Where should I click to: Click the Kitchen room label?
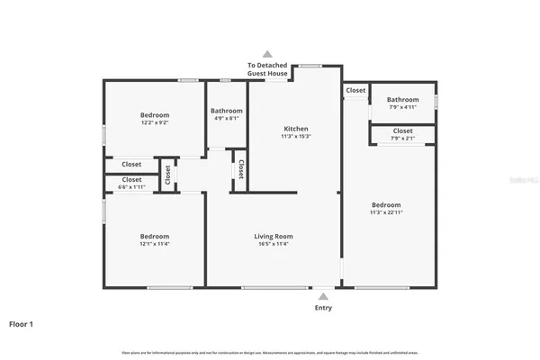tap(295, 130)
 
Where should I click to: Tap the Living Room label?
tap(274, 237)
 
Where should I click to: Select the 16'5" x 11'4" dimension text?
tap(274, 244)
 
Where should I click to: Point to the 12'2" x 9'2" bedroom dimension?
tap(154, 122)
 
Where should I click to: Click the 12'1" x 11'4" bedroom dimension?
tap(154, 244)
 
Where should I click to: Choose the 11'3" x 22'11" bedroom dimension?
tap(386, 212)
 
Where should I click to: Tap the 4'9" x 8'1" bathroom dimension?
tap(226, 118)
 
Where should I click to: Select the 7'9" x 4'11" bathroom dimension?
tap(402, 107)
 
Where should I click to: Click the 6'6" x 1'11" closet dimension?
tap(131, 186)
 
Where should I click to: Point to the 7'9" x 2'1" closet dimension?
tap(402, 139)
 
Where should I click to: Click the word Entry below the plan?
tap(322, 308)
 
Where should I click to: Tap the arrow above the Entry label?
tap(322, 294)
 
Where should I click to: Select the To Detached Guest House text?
tap(267, 70)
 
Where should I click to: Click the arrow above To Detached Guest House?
tap(267, 53)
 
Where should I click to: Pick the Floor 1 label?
tap(22, 323)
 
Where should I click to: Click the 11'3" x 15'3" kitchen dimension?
tap(295, 137)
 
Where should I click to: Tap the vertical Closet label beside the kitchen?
tap(241, 169)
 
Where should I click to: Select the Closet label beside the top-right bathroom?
tap(355, 90)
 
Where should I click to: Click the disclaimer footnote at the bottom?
tap(270, 352)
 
